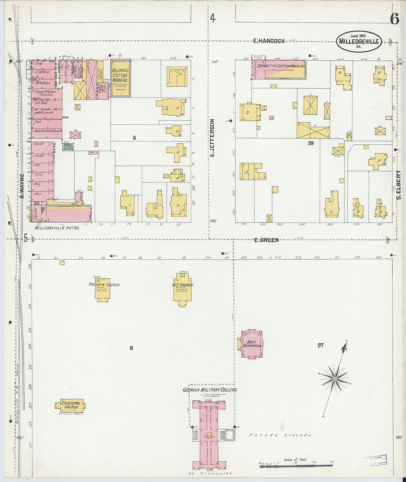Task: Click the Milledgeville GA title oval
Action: pos(359,41)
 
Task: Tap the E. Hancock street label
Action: pos(269,41)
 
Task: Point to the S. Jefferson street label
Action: pos(212,137)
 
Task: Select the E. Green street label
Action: pos(266,240)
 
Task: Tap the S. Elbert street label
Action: pos(399,185)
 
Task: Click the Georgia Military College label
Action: pos(210,390)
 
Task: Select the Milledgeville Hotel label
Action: pos(57,228)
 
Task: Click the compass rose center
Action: pos(335,379)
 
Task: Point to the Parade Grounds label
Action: pos(281,435)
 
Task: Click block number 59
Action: pos(311,143)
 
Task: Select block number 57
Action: pos(320,345)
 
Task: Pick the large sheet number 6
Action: pos(394,19)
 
